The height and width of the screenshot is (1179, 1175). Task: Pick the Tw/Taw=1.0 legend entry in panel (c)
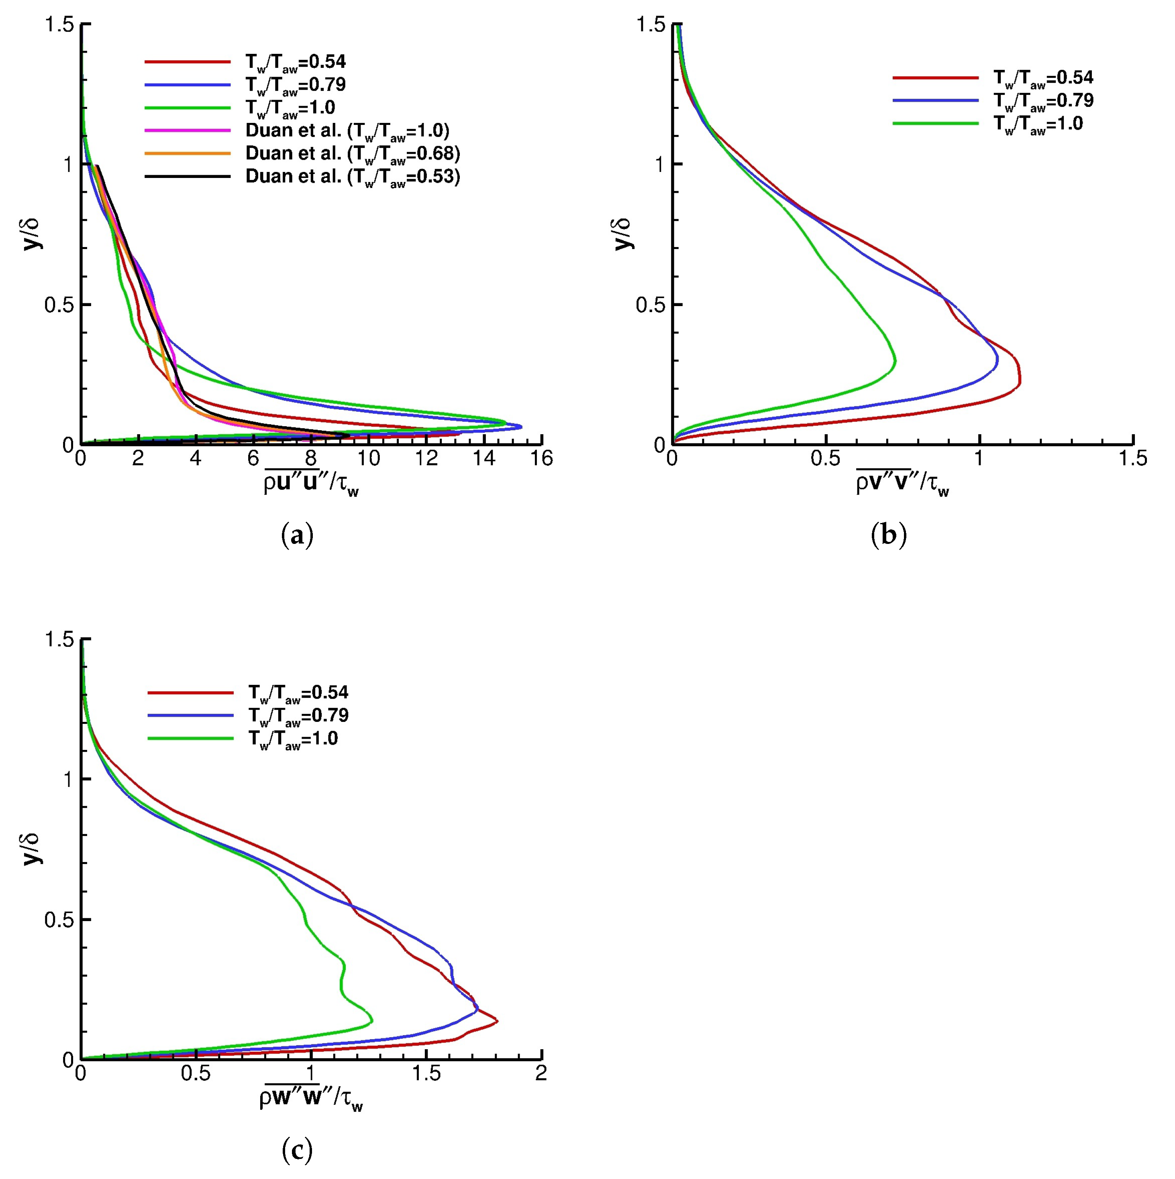tap(292, 738)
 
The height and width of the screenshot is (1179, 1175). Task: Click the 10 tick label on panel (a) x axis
tap(368, 458)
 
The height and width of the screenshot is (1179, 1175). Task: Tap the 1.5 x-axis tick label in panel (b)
tap(1132, 458)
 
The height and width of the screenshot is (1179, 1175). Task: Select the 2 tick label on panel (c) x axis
tap(541, 1072)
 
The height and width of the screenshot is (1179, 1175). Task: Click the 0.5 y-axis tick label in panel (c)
tap(59, 919)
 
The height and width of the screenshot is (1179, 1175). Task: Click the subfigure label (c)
tap(298, 1150)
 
